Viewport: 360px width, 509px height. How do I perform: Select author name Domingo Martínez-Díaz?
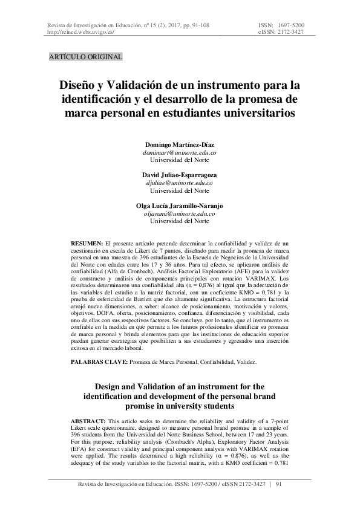[x=180, y=146]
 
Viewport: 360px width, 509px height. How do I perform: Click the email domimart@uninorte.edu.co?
[x=180, y=154]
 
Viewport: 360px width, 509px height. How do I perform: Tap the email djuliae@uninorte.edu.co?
[x=180, y=183]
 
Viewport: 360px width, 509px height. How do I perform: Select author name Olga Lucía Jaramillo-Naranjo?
[x=180, y=206]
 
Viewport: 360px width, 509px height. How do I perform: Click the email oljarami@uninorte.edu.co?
[x=180, y=214]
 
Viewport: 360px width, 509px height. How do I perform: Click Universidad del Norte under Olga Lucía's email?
[x=180, y=222]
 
